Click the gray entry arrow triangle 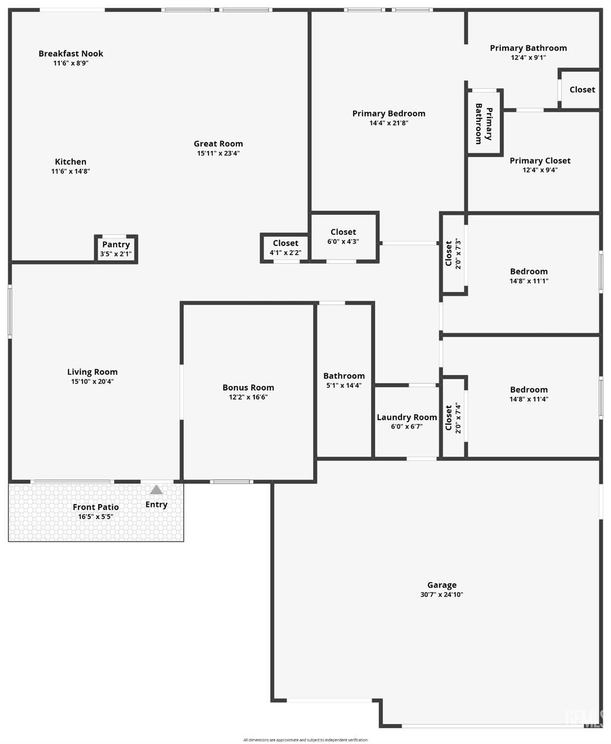pos(156,490)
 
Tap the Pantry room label pos(116,244)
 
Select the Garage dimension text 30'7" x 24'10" pos(442,595)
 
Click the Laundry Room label pos(407,417)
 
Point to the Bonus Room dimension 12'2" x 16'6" pos(248,397)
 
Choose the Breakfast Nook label pos(71,53)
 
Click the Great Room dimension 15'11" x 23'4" pos(218,153)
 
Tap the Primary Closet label pos(540,160)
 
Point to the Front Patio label pos(96,507)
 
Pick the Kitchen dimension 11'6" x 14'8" pos(71,171)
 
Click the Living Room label pos(92,372)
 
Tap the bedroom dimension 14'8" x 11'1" pos(529,281)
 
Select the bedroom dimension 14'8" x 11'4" pos(529,399)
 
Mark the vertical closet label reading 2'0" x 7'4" pos(458,418)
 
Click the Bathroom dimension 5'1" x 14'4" pos(344,385)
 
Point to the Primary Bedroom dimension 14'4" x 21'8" pos(388,123)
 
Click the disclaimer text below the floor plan pos(305,737)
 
